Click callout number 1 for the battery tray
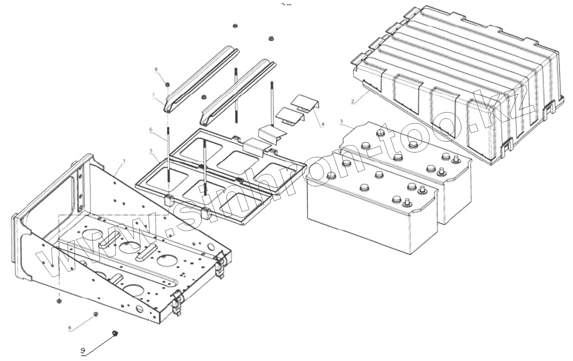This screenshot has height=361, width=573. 124,162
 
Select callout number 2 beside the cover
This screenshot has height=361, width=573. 353,101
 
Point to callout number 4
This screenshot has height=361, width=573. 322,124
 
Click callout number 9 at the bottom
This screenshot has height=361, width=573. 83,350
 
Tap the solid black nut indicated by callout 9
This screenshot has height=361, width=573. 115,333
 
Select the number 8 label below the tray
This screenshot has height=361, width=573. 70,328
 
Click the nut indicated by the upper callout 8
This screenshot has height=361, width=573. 168,84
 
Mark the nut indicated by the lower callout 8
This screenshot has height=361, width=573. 95,314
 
